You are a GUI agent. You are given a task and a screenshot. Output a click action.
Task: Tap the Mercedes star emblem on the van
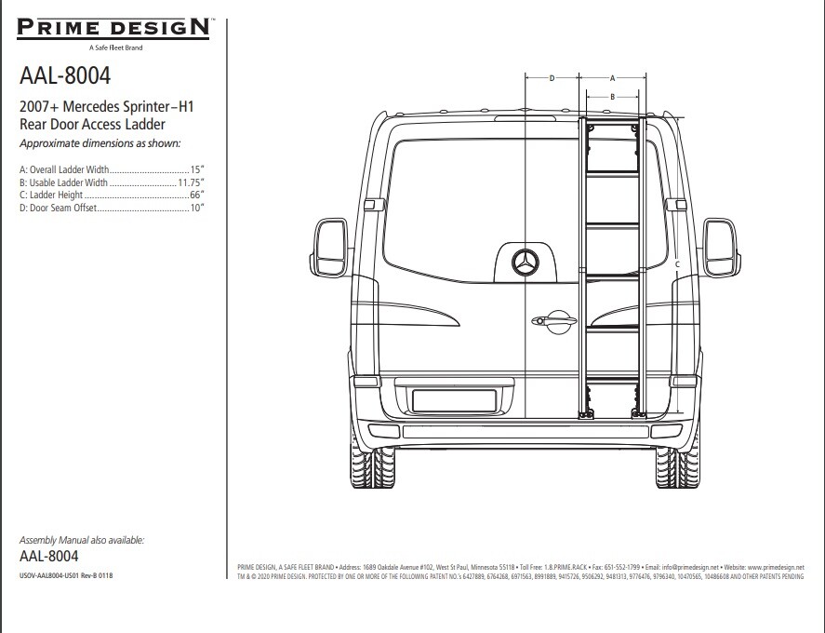pyautogui.click(x=525, y=263)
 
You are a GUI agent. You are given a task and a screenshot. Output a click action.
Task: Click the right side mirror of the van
pyautogui.click(x=721, y=248)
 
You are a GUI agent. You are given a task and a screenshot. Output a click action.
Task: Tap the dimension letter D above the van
pyautogui.click(x=552, y=78)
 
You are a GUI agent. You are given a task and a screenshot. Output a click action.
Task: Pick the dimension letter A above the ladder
pyautogui.click(x=612, y=78)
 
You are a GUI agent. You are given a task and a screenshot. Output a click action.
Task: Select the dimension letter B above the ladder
pyautogui.click(x=612, y=96)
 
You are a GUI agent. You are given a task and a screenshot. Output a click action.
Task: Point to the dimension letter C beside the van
pyautogui.click(x=677, y=265)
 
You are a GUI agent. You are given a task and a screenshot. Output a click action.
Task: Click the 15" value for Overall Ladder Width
pyautogui.click(x=196, y=170)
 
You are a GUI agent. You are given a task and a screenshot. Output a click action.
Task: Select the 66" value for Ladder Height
pyautogui.click(x=196, y=195)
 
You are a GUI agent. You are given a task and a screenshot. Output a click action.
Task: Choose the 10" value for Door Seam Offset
pyautogui.click(x=196, y=209)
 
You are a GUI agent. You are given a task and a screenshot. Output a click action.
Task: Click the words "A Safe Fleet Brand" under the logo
pyautogui.click(x=115, y=47)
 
